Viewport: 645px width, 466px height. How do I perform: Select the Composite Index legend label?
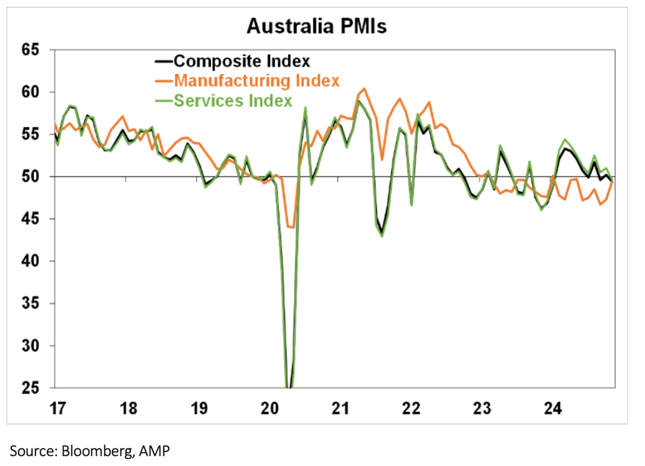[x=242, y=61]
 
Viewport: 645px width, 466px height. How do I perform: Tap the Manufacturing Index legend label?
[x=257, y=81]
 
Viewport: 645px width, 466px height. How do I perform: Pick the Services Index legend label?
[x=233, y=101]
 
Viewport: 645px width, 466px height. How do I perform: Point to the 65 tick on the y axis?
[x=30, y=50]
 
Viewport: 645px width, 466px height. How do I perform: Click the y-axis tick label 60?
[x=30, y=92]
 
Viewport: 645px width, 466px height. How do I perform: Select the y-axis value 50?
[x=30, y=176]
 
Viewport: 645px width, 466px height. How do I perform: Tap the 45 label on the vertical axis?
[x=30, y=219]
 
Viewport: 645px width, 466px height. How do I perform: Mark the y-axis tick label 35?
[x=30, y=303]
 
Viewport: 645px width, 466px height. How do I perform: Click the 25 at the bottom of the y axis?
[x=30, y=388]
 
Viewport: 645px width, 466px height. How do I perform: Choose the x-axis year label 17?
[x=58, y=408]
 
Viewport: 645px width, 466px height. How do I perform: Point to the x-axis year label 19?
[x=199, y=408]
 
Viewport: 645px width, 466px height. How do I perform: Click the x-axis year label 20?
[x=270, y=408]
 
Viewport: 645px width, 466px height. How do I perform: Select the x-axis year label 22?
[x=411, y=408]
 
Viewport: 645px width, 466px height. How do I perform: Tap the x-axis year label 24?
[x=553, y=408]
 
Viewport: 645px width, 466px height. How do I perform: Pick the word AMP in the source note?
[x=154, y=451]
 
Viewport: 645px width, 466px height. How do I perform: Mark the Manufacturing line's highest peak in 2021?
[x=364, y=89]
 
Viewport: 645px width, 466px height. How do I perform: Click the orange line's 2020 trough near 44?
[x=291, y=227]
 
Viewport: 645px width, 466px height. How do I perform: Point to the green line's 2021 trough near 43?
[x=382, y=236]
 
